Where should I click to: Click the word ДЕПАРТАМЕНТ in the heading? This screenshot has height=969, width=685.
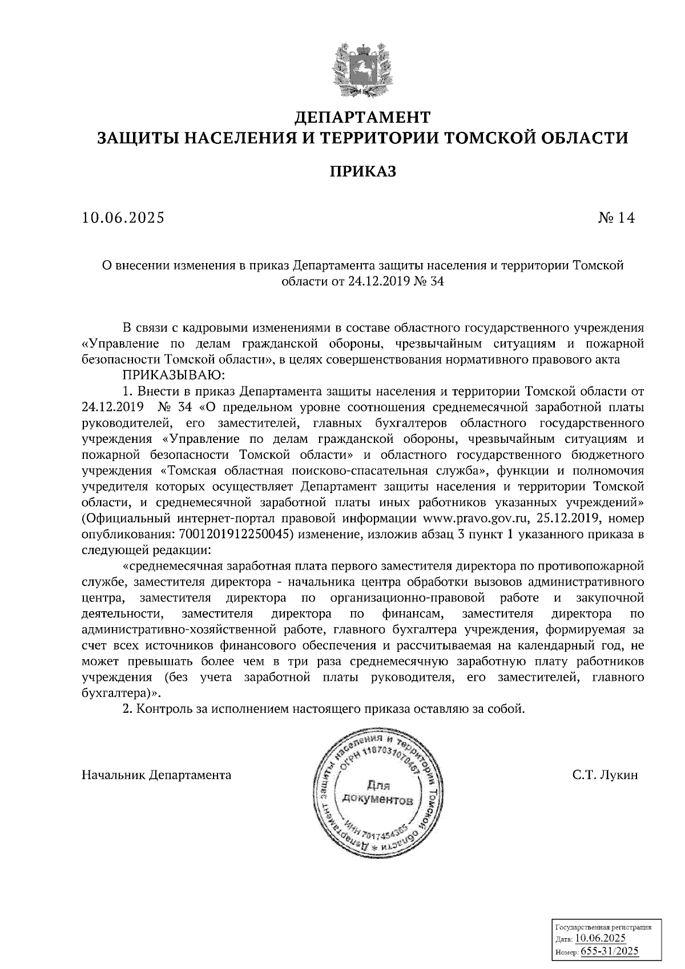point(361,118)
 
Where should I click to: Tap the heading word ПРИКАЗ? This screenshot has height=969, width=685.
point(362,171)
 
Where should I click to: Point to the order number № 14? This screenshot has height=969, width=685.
point(616,218)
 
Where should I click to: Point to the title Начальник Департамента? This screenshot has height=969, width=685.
point(156,775)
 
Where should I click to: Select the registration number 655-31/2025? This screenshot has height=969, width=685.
point(610,952)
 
